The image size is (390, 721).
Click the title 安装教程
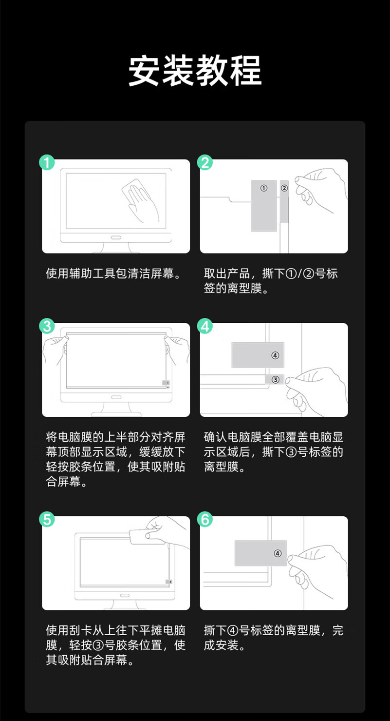point(195,71)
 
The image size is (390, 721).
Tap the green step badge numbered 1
point(47,162)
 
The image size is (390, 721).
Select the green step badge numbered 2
point(205,162)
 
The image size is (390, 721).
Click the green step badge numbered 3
point(47,326)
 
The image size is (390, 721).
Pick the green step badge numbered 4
point(205,326)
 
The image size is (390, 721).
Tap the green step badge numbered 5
point(47,520)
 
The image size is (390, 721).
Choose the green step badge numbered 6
point(205,520)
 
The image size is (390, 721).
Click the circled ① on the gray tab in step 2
point(263,188)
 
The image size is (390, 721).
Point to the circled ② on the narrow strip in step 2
point(284,188)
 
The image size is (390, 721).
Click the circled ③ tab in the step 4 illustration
point(275,380)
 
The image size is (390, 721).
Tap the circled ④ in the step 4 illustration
point(275,355)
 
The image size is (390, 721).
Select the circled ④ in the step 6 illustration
point(278,553)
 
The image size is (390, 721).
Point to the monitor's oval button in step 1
point(116,237)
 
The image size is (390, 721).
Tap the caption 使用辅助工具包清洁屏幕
point(113,273)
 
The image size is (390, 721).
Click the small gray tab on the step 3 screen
point(166,383)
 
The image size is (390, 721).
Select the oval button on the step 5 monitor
point(125,595)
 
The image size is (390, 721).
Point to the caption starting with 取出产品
point(271,281)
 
